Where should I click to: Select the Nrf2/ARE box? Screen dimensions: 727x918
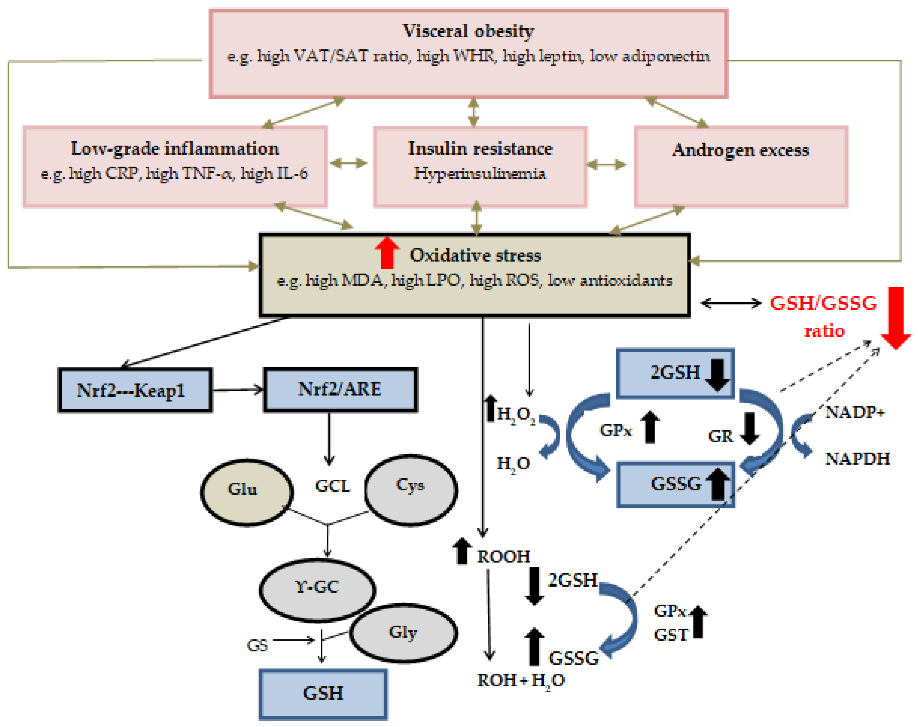click(x=340, y=389)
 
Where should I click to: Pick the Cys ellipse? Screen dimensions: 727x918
click(x=411, y=489)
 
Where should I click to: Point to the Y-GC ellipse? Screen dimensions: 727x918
click(x=317, y=590)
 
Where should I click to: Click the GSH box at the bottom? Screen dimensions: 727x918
click(x=323, y=693)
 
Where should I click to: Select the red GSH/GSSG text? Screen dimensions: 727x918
click(x=823, y=303)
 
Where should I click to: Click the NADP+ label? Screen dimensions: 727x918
click(x=854, y=412)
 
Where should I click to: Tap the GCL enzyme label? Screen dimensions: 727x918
click(x=332, y=486)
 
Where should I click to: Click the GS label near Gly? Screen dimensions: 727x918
click(x=257, y=645)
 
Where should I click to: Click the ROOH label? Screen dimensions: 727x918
click(x=503, y=556)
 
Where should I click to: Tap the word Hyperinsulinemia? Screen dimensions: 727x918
click(x=480, y=173)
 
